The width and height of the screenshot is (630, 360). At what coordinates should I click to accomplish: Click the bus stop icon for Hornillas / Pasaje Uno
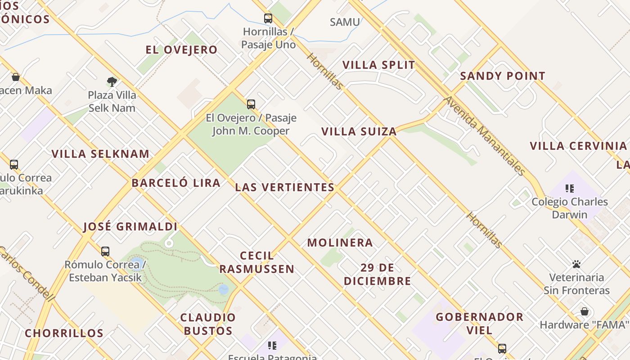pos(268,18)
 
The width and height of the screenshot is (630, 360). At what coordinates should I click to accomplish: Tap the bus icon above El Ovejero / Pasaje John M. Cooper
pos(251,104)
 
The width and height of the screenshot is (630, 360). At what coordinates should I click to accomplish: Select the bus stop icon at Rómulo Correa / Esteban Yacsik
pos(105,252)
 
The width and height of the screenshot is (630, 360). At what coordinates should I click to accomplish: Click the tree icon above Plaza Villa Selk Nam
pos(112,81)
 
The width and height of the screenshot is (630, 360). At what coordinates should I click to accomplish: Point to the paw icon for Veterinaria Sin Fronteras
pos(576,264)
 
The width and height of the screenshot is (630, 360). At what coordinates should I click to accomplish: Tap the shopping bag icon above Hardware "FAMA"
pos(585,311)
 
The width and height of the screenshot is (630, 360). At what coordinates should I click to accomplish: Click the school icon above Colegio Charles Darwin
pos(570,189)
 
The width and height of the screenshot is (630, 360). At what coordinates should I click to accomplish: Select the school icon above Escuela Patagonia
pos(272,346)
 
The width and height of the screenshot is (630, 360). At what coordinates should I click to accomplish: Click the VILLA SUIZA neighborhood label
pos(359,131)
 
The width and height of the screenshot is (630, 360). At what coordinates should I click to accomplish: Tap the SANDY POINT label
pos(503,76)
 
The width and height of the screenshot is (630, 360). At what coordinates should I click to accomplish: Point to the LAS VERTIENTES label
pos(285,187)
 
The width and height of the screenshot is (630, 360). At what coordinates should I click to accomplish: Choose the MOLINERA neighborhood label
pos(340,243)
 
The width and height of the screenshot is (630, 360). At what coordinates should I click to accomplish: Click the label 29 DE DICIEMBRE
pos(378,274)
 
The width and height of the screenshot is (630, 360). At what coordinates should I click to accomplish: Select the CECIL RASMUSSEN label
pos(257,262)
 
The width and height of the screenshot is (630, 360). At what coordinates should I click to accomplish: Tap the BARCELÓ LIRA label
pos(176,183)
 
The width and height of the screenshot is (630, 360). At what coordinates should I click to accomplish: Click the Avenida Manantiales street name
pos(485,135)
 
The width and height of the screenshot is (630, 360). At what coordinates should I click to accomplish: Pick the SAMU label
pos(345,22)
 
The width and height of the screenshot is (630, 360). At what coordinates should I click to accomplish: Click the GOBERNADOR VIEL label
pos(480,323)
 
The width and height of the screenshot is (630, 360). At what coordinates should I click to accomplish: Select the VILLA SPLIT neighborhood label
pos(379,65)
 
